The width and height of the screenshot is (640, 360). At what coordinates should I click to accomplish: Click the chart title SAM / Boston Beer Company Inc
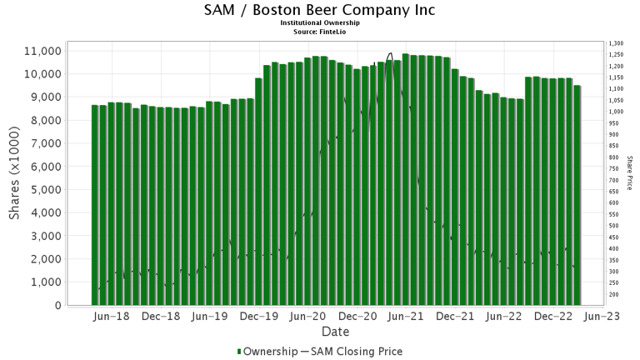(x=320, y=10)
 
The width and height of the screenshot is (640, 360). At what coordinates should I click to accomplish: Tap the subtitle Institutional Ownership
(x=320, y=22)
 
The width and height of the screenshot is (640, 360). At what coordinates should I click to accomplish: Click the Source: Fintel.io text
(x=320, y=31)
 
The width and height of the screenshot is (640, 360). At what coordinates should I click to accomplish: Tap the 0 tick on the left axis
(x=57, y=305)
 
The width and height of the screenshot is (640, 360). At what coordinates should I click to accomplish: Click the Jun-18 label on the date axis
(x=111, y=317)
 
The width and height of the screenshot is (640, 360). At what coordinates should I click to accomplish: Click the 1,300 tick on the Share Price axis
(x=617, y=43)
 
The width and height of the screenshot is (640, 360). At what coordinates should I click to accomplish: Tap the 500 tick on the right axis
(x=615, y=226)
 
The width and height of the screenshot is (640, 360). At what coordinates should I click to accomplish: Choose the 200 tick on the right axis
(x=615, y=294)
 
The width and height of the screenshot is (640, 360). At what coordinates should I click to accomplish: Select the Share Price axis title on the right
(x=631, y=172)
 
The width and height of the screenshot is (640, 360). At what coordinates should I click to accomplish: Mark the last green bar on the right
(x=577, y=195)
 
